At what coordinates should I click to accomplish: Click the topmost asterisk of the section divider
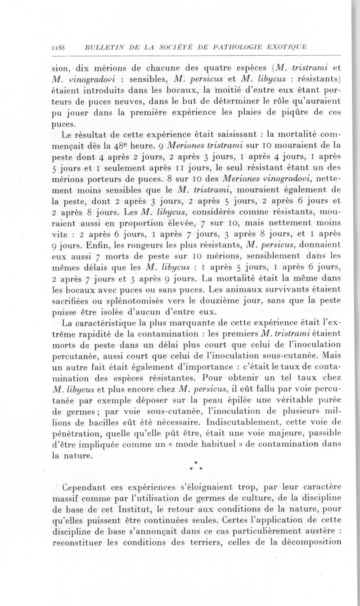click(196, 462)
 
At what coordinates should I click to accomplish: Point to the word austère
click(316, 531)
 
